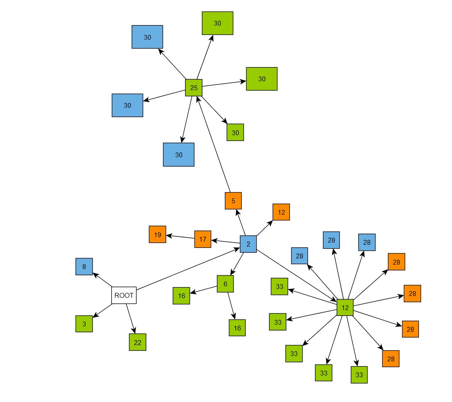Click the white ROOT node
point(124,296)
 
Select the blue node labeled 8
point(84,266)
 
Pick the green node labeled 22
point(137,342)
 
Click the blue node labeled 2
point(248,244)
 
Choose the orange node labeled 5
point(233,201)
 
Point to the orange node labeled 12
point(281,212)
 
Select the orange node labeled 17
point(203,239)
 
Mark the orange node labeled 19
point(157,234)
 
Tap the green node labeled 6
point(225,284)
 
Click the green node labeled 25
point(194,87)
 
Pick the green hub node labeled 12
point(345,307)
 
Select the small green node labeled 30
point(235,132)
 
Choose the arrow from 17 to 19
point(180,236)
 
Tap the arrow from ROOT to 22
point(130,318)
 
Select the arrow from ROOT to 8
point(102,280)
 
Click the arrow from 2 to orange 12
point(265,228)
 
